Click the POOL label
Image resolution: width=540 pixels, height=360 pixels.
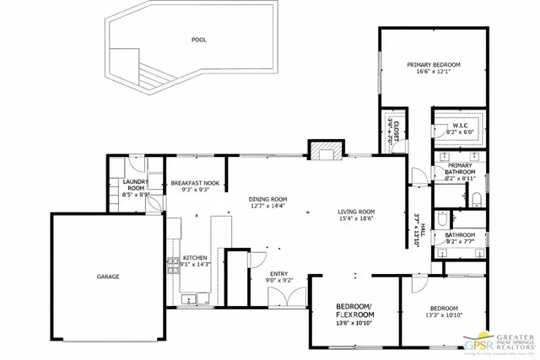click(199, 40)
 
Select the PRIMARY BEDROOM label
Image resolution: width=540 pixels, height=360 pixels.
click(434, 67)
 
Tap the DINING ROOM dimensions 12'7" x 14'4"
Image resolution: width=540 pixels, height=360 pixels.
click(267, 206)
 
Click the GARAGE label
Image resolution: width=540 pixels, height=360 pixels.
click(107, 277)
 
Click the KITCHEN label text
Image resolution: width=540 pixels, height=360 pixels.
click(195, 258)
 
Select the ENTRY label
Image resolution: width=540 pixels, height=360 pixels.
click(278, 274)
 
